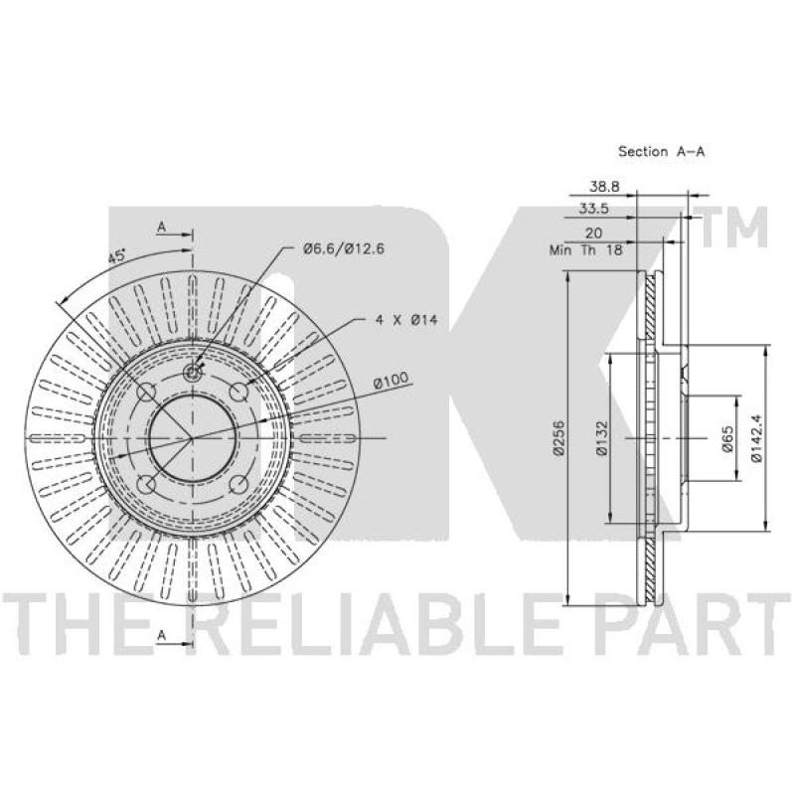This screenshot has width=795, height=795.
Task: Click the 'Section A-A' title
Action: tap(661, 151)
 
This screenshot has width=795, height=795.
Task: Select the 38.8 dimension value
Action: tap(604, 187)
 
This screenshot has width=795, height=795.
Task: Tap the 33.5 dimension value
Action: tap(593, 209)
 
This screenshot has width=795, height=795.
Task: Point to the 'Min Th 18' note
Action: tap(585, 250)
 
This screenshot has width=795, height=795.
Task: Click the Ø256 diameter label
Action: tap(559, 438)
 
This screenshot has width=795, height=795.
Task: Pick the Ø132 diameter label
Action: tap(602, 438)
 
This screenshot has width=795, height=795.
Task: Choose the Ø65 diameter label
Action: tap(727, 438)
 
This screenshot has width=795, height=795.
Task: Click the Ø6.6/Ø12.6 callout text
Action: tap(344, 249)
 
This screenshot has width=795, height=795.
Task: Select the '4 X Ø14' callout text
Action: tap(406, 320)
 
